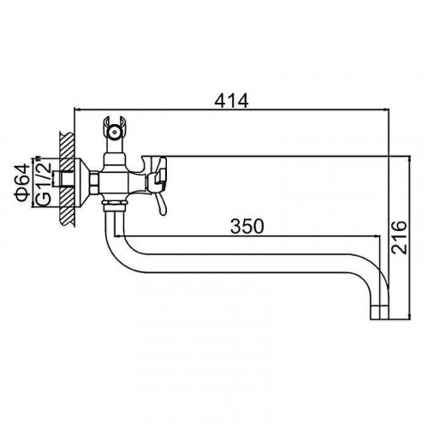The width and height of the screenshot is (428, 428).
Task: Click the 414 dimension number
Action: (x=231, y=100)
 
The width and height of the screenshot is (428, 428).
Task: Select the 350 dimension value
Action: (x=247, y=226)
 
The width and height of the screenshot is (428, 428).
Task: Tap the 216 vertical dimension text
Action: (x=399, y=237)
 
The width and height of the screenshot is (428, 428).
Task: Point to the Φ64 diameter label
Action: (x=21, y=181)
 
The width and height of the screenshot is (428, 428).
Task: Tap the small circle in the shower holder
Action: (x=115, y=132)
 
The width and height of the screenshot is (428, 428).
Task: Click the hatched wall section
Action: (x=68, y=179)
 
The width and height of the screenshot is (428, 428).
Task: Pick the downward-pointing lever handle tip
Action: (x=163, y=211)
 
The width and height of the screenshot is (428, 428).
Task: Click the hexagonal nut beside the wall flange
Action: (x=94, y=182)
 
